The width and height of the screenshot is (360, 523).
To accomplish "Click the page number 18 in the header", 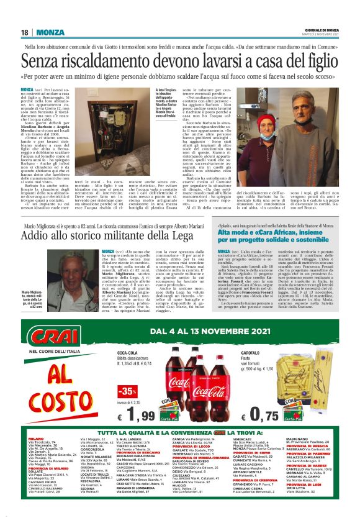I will click(25, 32).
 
